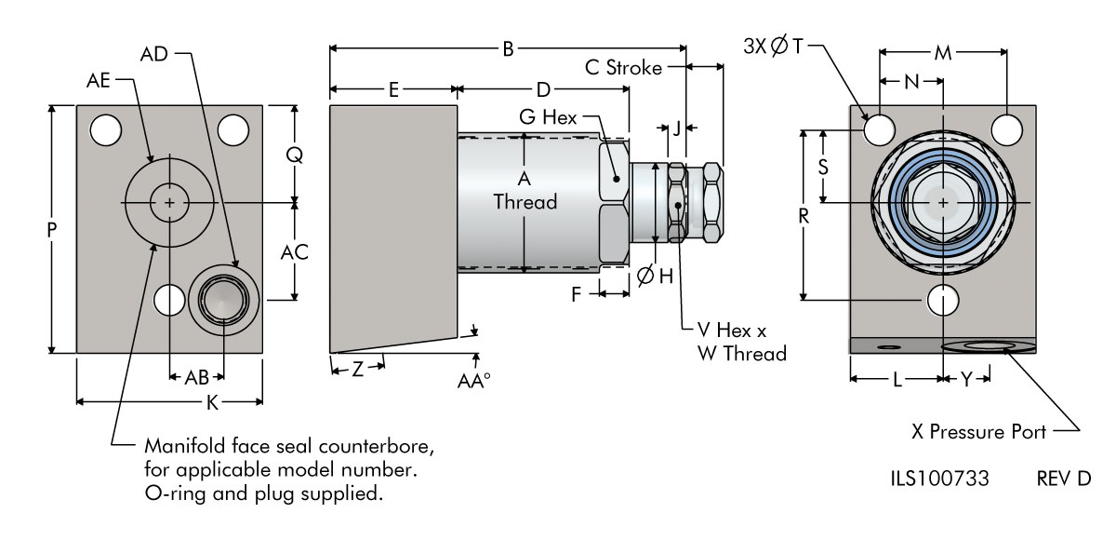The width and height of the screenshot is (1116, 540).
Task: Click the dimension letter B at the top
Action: (x=508, y=48)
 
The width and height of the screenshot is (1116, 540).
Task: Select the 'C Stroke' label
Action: (x=623, y=68)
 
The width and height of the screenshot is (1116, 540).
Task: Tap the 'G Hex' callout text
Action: (x=548, y=117)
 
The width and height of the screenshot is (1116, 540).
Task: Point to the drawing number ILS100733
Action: (x=939, y=479)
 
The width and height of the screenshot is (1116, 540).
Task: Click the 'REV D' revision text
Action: (x=1064, y=479)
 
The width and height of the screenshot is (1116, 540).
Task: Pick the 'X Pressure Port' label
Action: (x=978, y=432)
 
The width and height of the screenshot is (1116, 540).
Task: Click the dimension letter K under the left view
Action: (x=213, y=402)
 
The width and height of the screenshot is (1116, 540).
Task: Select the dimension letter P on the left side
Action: (x=52, y=230)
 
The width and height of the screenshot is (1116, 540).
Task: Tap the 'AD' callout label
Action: (x=154, y=54)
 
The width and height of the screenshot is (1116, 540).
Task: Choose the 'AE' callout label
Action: (x=99, y=80)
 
